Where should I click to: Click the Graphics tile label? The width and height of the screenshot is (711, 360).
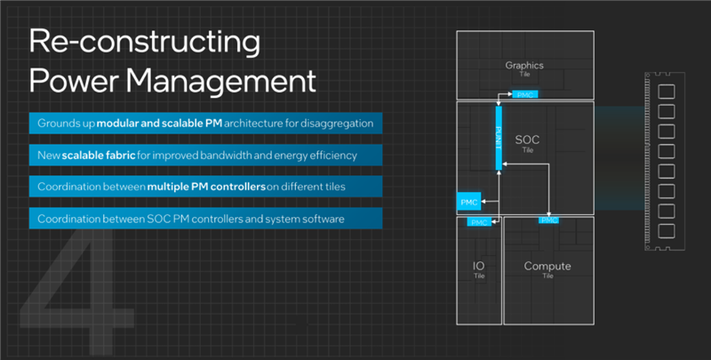[x=523, y=66]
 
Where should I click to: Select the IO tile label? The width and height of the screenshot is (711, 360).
[x=477, y=266]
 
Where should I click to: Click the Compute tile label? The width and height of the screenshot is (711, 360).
[x=547, y=266]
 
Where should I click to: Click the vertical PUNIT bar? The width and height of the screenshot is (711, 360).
[x=499, y=138]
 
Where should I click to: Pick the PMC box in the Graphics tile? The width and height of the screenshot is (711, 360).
[x=525, y=92]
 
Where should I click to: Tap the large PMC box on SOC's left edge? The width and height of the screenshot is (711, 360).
[x=469, y=202]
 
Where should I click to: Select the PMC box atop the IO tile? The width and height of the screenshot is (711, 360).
[x=479, y=221]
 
